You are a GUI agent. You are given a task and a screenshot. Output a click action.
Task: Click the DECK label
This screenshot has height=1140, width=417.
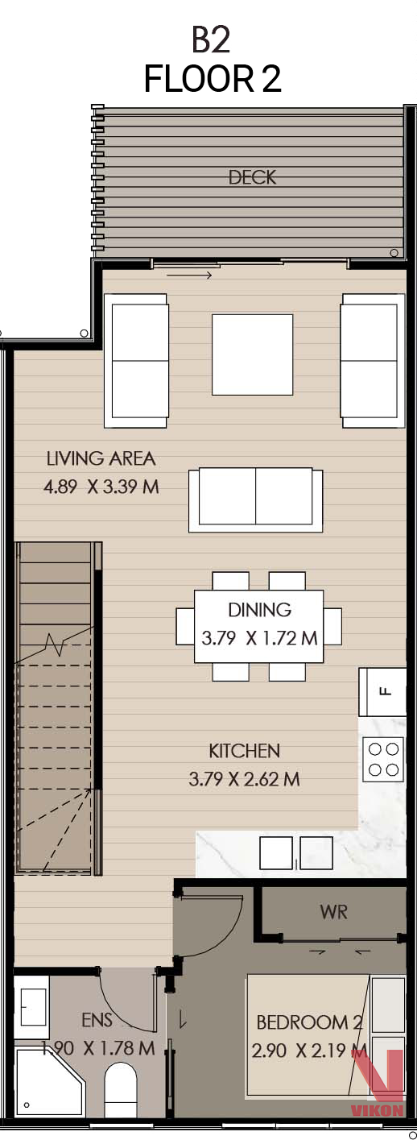coord(253,177)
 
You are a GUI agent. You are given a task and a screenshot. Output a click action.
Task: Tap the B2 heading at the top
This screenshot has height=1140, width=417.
coord(211,40)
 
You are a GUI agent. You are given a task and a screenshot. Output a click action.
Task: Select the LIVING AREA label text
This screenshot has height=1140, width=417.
coord(101,458)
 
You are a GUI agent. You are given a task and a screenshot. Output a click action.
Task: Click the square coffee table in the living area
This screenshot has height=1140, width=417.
coord(252,354)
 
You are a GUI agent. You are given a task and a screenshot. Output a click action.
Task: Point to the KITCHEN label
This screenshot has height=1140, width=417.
coord(244,751)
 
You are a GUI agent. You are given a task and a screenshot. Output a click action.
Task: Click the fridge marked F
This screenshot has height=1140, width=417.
coord(382,691)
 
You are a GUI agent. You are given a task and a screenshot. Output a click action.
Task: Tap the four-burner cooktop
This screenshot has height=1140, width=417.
coord(383,759)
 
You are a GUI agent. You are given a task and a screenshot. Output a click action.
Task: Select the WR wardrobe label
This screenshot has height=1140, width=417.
coord(333,911)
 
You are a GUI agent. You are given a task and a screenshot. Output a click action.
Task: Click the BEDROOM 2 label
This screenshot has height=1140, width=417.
coord(309,1022)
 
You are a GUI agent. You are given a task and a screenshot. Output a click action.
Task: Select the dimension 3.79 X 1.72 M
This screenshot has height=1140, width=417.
coord(259,638)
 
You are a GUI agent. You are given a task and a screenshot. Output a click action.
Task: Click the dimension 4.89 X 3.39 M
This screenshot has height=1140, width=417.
coord(101,487)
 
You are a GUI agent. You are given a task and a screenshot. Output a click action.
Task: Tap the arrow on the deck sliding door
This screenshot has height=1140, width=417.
coord(188,276)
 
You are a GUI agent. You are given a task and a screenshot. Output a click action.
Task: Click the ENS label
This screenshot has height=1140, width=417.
coord(97,1020)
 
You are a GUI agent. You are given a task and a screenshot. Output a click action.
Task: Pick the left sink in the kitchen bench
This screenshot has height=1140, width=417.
coord(276,853)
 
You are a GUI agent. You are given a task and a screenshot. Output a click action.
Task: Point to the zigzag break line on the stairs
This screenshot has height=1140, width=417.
coord(55,645)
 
